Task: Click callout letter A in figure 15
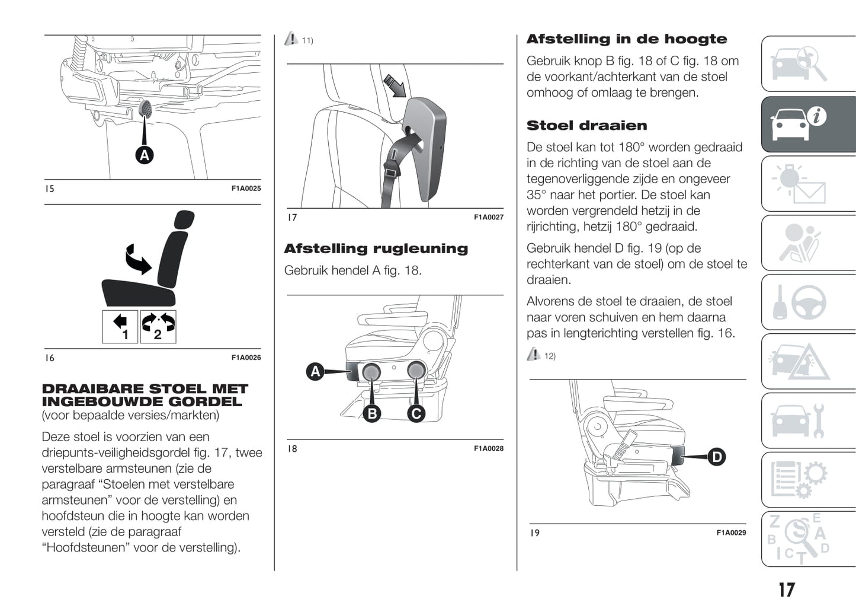pos(145,155)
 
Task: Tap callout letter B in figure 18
pos(372,413)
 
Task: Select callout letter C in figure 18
pos(416,413)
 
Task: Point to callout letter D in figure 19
pos(717,457)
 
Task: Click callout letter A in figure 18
pos(315,372)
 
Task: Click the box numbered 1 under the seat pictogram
pos(120,327)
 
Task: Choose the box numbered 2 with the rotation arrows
pos(158,327)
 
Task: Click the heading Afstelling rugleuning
pos(376,248)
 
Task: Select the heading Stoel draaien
pos(586,126)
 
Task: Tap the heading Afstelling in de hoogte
pos(627,39)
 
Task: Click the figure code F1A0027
pos(488,218)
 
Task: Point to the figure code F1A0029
pos(731,533)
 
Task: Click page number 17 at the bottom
pos(786,590)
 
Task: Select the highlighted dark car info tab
pos(808,125)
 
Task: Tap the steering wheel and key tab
pos(808,302)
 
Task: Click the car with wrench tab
pos(808,421)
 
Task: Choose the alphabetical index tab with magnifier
pos(808,539)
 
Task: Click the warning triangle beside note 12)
pos(533,355)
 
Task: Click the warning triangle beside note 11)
pos(291,39)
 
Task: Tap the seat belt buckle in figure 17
pos(391,173)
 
